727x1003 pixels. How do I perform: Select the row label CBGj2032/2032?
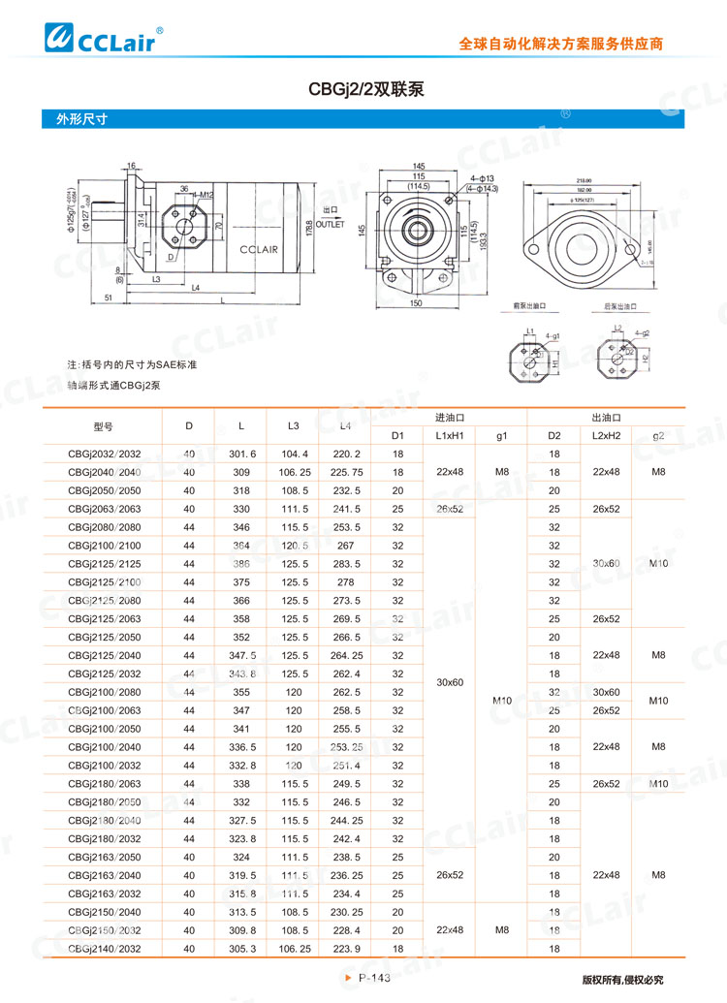(104, 454)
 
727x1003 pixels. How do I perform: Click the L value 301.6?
(241, 454)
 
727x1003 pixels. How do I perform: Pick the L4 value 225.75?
(346, 472)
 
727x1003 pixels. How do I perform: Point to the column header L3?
(294, 426)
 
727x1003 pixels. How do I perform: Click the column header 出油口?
(606, 418)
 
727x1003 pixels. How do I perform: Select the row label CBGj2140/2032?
(104, 949)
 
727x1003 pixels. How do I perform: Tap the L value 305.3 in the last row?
(241, 949)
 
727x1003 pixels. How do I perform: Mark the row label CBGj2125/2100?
(104, 581)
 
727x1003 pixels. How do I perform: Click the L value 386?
(241, 563)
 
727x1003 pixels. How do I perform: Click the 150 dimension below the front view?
(417, 303)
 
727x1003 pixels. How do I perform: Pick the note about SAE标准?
(132, 365)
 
